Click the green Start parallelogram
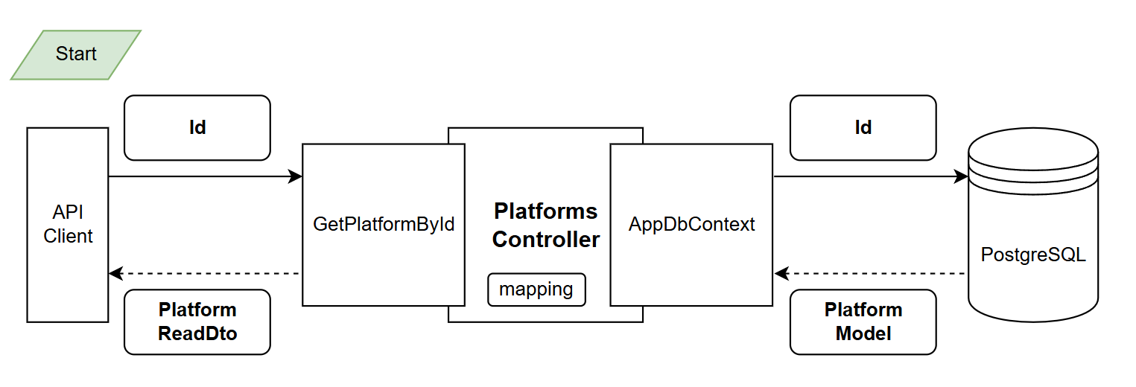click(75, 54)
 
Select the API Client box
click(68, 225)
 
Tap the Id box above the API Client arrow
click(197, 127)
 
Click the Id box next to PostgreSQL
click(863, 127)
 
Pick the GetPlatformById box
click(384, 225)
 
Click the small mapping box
click(536, 290)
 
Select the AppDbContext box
click(691, 225)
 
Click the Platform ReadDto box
click(197, 322)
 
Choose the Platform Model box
click(863, 322)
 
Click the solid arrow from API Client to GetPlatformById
click(201, 176)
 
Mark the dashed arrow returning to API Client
click(205, 274)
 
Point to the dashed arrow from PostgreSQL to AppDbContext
click(872, 274)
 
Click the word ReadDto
click(197, 333)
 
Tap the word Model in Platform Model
click(863, 333)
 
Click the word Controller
click(546, 240)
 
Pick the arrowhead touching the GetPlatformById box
click(295, 176)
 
